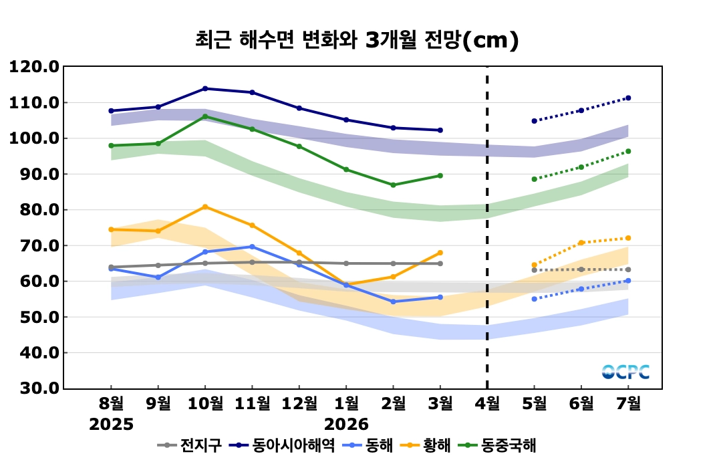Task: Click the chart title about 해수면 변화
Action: pos(357,41)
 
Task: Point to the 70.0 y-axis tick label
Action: pos(34,245)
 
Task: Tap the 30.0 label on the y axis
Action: pos(34,388)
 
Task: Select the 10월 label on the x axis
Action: pos(204,403)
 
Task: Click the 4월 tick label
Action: pos(487,403)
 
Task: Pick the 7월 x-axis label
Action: pos(628,403)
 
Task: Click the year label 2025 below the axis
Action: pos(112,425)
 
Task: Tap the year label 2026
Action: pos(346,425)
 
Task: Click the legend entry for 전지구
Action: pos(190,445)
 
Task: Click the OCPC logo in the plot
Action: pos(625,372)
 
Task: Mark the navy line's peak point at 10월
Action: pos(205,88)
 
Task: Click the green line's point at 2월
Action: pos(394,185)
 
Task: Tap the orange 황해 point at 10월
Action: pos(205,207)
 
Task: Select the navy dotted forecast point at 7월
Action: pos(628,98)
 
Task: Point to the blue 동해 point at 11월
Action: pos(252,247)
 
